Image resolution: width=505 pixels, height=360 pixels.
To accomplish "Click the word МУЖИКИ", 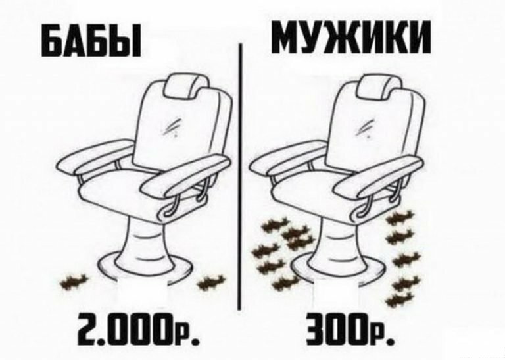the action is pyautogui.click(x=351, y=37).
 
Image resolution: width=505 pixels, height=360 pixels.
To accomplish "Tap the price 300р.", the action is pyautogui.click(x=349, y=328).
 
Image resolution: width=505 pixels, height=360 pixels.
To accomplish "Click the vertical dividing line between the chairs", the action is pyautogui.click(x=239, y=176).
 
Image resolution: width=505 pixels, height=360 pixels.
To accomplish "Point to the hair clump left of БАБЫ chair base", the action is pyautogui.click(x=74, y=282).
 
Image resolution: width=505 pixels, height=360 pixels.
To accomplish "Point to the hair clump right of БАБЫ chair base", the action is pyautogui.click(x=211, y=282).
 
